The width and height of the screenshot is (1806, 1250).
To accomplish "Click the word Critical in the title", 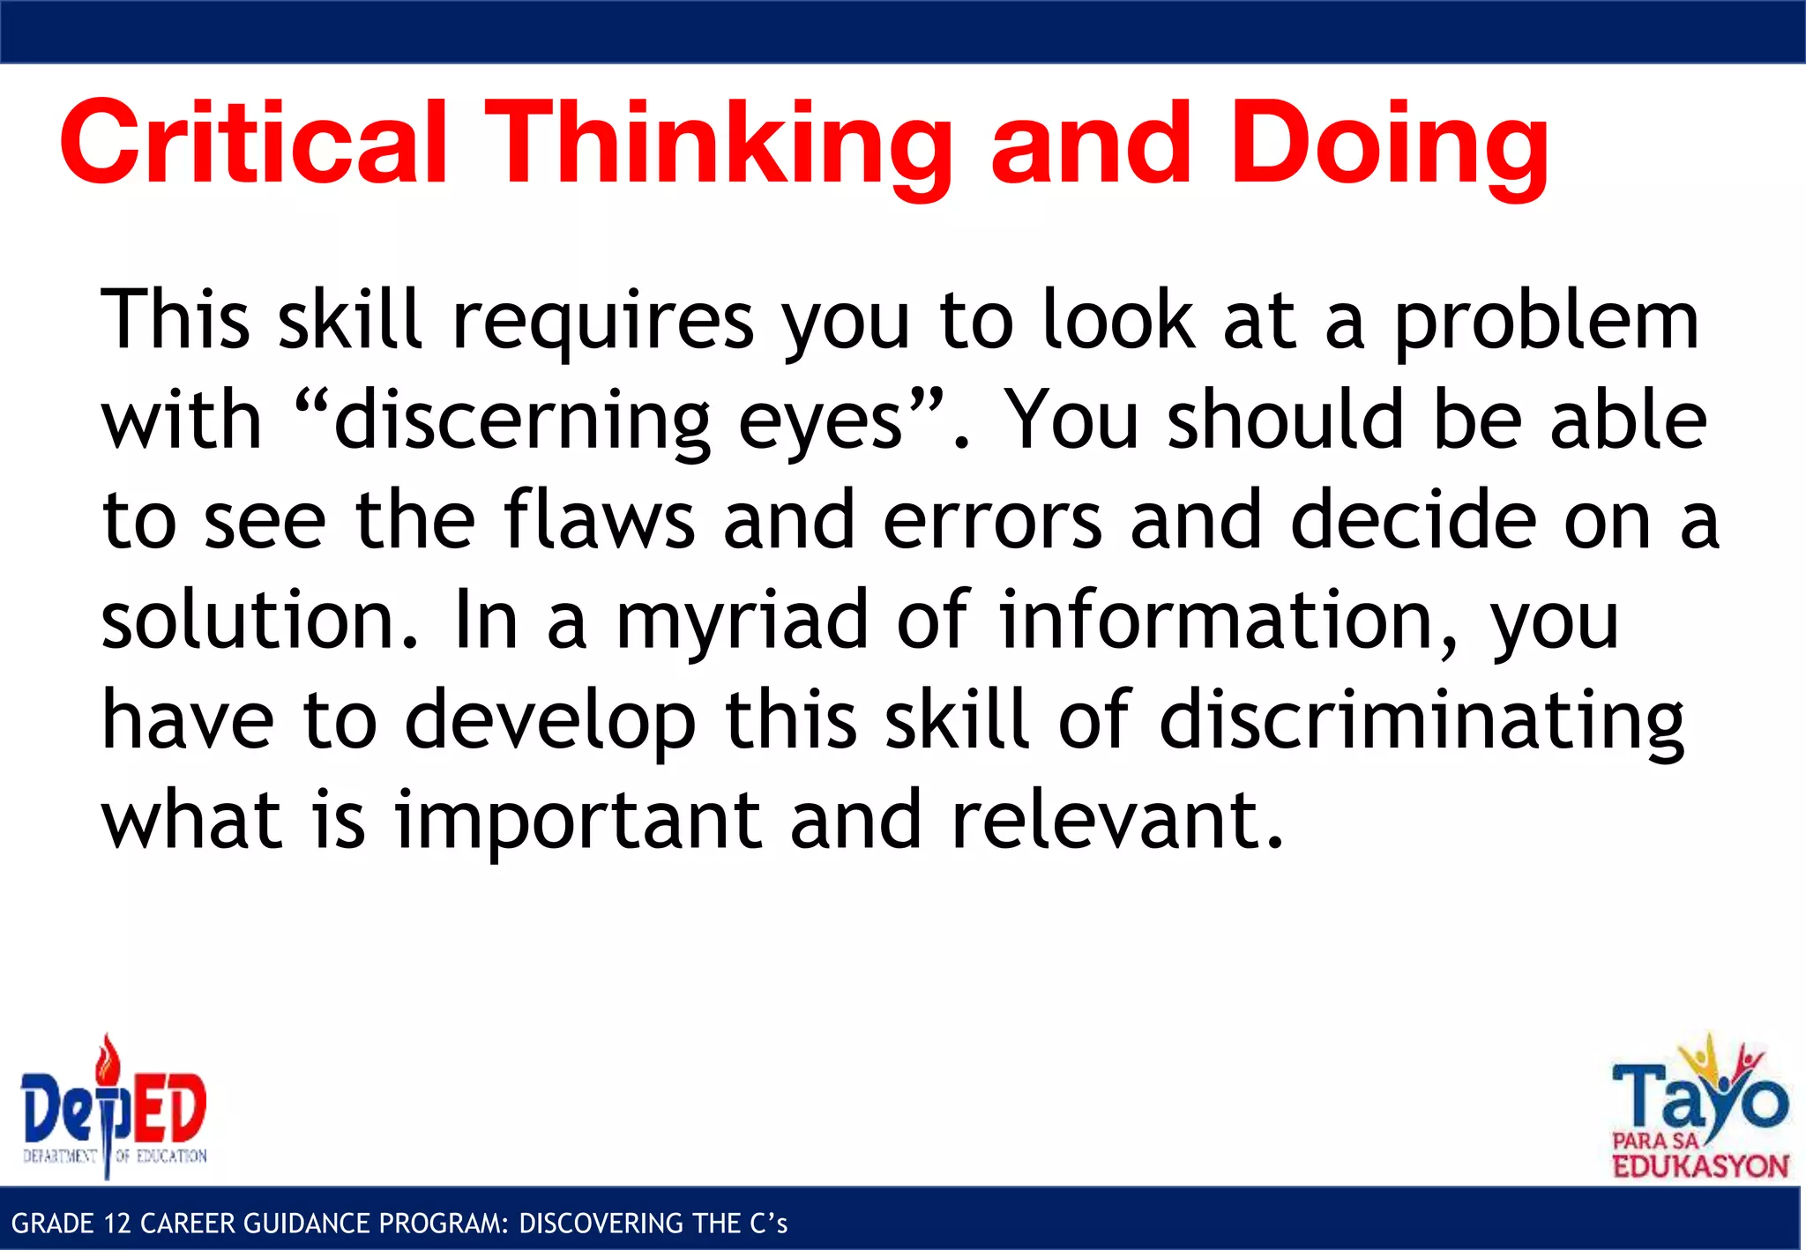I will tap(254, 143).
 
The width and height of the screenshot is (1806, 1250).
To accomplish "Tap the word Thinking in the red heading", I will tap(718, 143).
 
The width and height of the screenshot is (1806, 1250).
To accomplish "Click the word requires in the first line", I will tap(602, 321).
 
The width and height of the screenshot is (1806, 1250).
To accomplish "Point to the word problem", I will tap(1546, 321).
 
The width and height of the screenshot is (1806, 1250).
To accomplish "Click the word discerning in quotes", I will tap(522, 421).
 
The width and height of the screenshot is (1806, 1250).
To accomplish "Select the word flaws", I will tap(600, 520).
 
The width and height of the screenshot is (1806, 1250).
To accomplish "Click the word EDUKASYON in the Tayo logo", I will tap(1699, 1166).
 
